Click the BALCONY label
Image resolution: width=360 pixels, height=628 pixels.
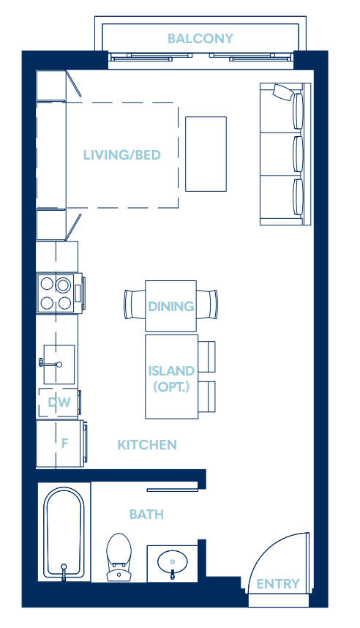[x=200, y=39]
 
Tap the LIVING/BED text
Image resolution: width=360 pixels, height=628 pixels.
[x=121, y=155]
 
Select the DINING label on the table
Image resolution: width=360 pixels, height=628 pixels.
[x=171, y=306]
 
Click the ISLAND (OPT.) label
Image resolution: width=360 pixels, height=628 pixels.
[x=171, y=378]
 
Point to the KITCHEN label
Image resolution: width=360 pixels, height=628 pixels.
[x=147, y=444]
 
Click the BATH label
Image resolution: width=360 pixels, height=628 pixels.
[x=146, y=515]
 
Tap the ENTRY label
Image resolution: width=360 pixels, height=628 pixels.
[x=278, y=583]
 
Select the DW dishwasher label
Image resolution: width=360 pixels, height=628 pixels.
[x=59, y=402]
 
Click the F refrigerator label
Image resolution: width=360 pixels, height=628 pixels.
[x=64, y=443]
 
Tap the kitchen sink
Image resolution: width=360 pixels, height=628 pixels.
[x=59, y=363]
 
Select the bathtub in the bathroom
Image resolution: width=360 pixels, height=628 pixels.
[x=64, y=533]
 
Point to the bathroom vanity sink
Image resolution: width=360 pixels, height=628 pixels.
[x=173, y=562]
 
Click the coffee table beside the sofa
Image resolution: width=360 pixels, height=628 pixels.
[x=206, y=153]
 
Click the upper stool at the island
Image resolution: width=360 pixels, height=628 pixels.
[x=207, y=356]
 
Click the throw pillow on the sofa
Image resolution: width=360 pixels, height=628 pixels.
[x=282, y=91]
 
